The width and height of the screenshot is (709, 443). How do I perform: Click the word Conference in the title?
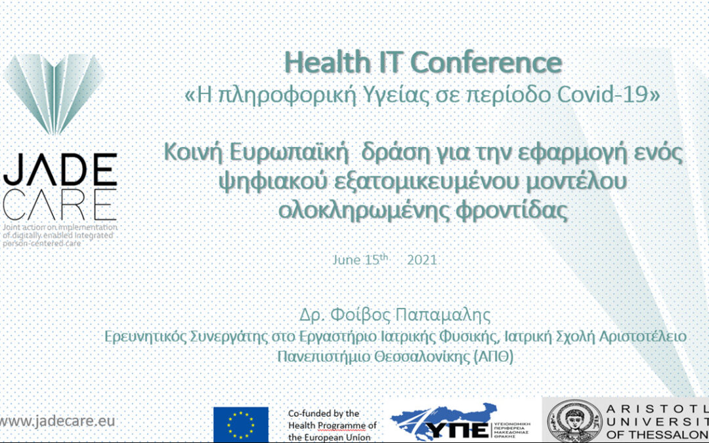click(486, 63)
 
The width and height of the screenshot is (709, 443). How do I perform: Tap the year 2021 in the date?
click(422, 260)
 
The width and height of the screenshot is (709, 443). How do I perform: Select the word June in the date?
click(346, 260)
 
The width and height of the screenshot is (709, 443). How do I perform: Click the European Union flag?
click(240, 424)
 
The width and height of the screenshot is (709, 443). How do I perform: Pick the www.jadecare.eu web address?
click(58, 421)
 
